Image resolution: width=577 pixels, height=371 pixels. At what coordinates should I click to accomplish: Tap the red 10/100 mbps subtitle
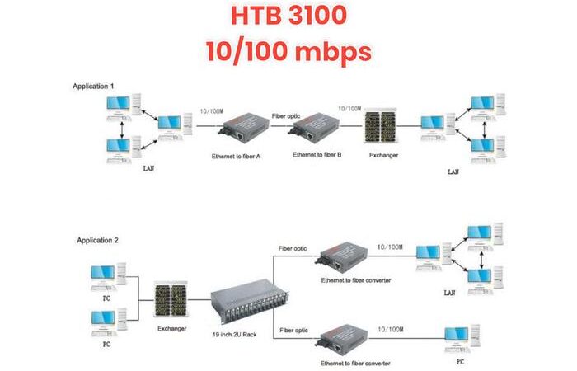(288, 52)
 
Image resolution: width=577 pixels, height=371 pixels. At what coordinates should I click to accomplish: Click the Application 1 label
(93, 85)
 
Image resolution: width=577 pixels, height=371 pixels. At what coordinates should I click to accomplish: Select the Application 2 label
(98, 240)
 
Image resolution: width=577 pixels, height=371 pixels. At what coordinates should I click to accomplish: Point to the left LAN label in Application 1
(148, 169)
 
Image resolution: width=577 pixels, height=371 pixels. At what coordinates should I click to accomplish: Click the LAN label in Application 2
(449, 292)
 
